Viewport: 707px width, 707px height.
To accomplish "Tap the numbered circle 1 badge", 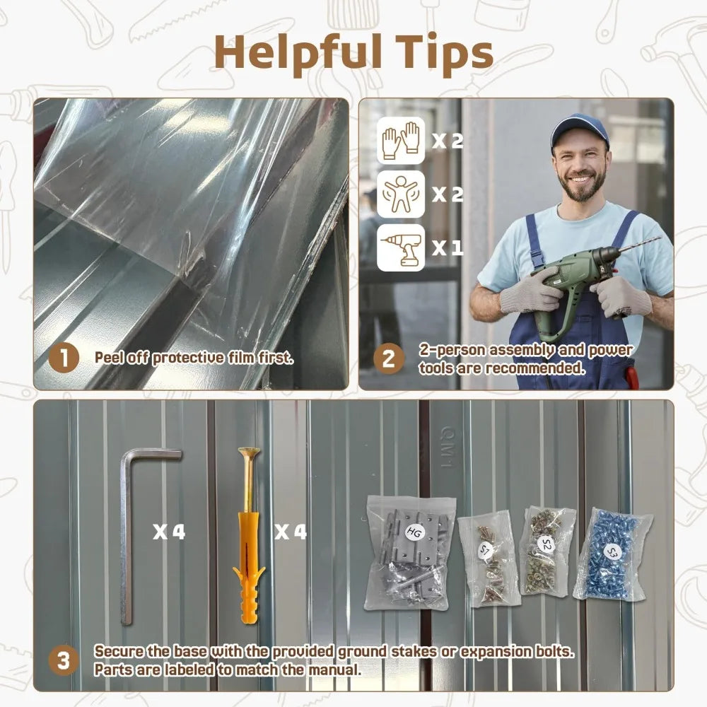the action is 64,358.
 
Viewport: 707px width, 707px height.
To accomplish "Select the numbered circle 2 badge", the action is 389,358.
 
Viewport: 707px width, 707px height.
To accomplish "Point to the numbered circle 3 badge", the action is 64,660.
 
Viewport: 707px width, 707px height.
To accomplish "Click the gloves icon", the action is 401,140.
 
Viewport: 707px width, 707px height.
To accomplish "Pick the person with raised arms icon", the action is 401,194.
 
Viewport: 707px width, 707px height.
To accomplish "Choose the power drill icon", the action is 401,248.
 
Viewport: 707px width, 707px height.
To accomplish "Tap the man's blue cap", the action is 580,129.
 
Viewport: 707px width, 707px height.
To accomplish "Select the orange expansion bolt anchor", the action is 248,537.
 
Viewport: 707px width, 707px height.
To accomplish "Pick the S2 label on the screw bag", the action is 546,544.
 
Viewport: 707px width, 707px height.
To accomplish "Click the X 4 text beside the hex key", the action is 169,532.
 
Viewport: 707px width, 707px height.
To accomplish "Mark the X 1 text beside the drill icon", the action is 448,247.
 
